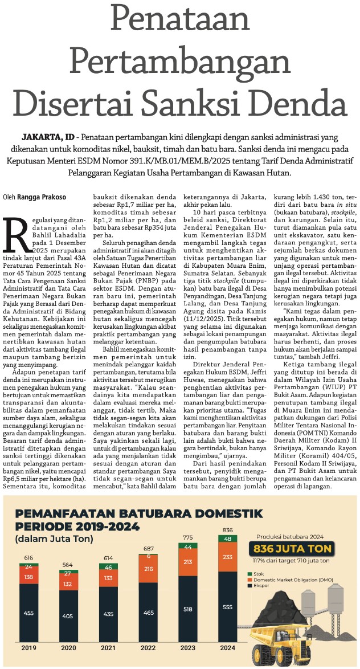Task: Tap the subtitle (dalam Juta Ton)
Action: click(55, 539)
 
